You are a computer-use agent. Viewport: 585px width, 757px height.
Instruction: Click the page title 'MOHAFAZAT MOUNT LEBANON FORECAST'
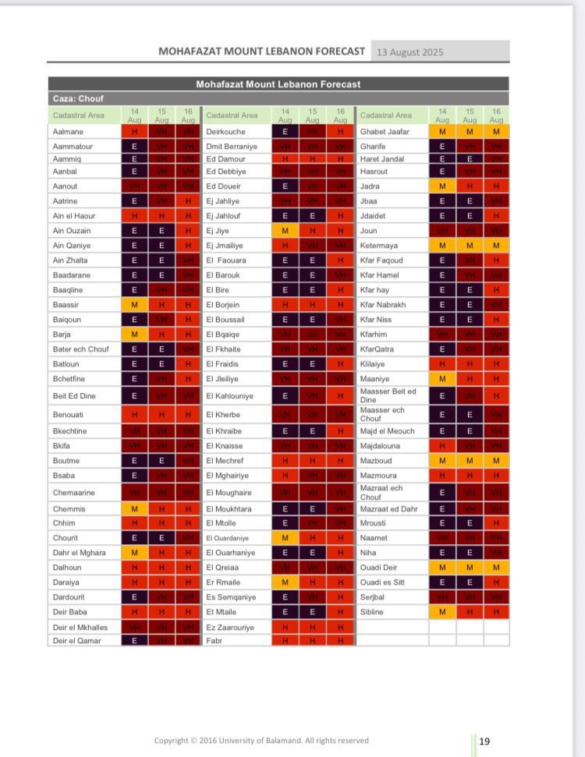[x=261, y=51]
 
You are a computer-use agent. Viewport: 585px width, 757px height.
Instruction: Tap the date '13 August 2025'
[x=409, y=52]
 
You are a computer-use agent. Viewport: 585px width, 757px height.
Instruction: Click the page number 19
[x=484, y=741]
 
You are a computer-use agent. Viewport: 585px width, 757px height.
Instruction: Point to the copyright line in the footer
[x=261, y=741]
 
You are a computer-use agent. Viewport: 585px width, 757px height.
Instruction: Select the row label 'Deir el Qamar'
[x=76, y=640]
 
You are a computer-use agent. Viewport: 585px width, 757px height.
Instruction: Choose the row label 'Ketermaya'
[x=379, y=246]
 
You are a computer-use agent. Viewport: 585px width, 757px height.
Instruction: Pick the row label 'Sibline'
[x=373, y=612]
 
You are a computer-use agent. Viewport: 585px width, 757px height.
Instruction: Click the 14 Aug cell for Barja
[x=134, y=334]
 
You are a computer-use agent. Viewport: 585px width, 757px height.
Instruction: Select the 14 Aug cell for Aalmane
[x=134, y=132]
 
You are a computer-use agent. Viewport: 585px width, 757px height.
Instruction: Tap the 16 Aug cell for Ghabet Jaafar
[x=496, y=132]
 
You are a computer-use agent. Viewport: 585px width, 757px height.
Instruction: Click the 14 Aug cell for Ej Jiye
[x=285, y=231]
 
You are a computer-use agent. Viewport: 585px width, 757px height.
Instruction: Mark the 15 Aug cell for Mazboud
[x=470, y=461]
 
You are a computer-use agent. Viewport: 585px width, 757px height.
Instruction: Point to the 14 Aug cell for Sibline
[x=442, y=612]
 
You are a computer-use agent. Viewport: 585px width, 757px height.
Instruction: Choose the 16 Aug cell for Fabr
[x=340, y=640]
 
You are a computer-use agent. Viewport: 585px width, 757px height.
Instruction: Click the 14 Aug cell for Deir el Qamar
[x=134, y=640]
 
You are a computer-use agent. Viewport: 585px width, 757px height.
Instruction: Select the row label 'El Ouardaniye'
[x=227, y=538]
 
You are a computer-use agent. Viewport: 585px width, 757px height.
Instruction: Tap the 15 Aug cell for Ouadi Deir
[x=470, y=568]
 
